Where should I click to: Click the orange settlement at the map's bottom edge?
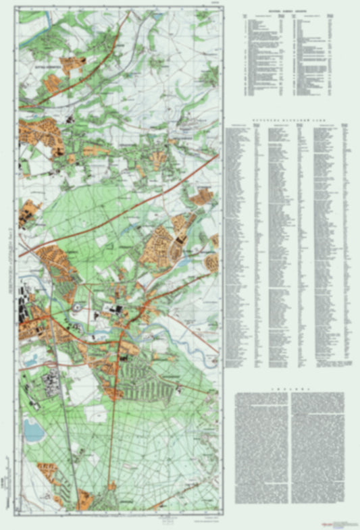pos(86,500)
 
